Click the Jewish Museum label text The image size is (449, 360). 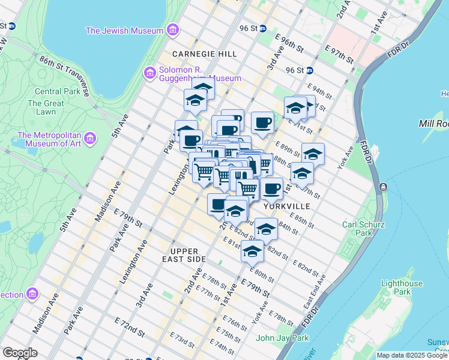(x=124, y=31)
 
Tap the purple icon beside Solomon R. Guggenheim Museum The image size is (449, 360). (x=149, y=73)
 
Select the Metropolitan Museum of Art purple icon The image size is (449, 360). (x=90, y=139)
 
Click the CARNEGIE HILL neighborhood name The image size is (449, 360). (x=204, y=54)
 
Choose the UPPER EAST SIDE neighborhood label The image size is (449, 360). (x=188, y=255)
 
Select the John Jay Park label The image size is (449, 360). (x=282, y=338)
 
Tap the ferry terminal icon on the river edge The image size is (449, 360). (x=383, y=188)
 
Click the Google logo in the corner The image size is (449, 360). (x=20, y=353)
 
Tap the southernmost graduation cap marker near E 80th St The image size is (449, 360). (x=253, y=251)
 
